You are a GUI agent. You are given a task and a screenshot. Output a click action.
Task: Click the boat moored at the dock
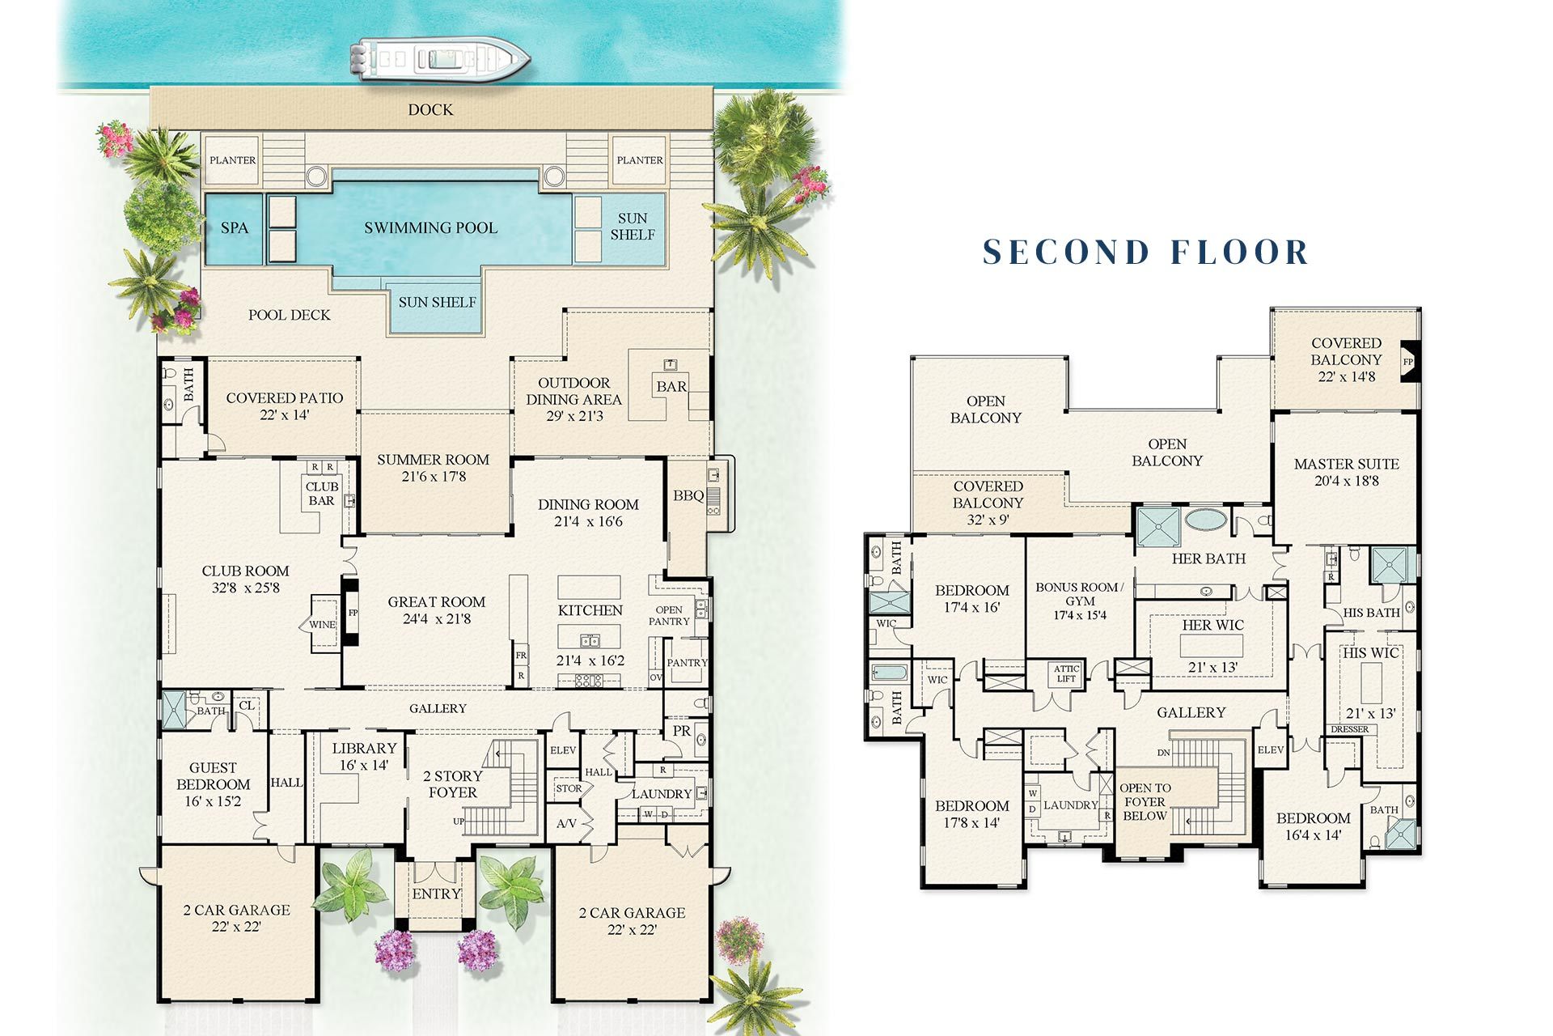tap(438, 59)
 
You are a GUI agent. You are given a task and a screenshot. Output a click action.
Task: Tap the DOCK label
tap(430, 110)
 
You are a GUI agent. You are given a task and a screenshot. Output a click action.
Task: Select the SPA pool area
tap(234, 228)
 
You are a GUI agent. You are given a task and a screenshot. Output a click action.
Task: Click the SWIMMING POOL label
tap(430, 228)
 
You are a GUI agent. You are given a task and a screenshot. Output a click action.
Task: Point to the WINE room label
tap(322, 625)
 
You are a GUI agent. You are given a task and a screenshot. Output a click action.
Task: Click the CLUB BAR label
tap(322, 494)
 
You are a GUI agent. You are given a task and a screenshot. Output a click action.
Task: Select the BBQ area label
tap(688, 495)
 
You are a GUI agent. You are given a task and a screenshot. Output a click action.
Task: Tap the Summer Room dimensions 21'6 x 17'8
tap(434, 477)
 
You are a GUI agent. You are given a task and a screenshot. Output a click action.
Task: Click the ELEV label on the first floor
tap(563, 750)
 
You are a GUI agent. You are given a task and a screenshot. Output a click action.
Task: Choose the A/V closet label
tap(566, 824)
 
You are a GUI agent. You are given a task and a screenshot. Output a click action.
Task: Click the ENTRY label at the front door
tap(436, 894)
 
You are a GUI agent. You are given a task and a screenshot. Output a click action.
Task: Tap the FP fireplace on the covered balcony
tap(1408, 362)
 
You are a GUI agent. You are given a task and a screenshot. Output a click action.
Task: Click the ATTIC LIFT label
tap(1066, 673)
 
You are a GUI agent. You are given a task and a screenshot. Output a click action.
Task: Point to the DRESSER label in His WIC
tap(1350, 729)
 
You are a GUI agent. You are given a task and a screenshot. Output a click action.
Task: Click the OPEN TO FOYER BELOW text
tap(1145, 802)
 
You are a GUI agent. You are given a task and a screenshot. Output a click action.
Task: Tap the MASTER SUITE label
tap(1346, 465)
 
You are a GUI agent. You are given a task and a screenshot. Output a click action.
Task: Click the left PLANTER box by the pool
tap(233, 160)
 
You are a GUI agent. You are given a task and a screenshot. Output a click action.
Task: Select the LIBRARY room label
tap(364, 749)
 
